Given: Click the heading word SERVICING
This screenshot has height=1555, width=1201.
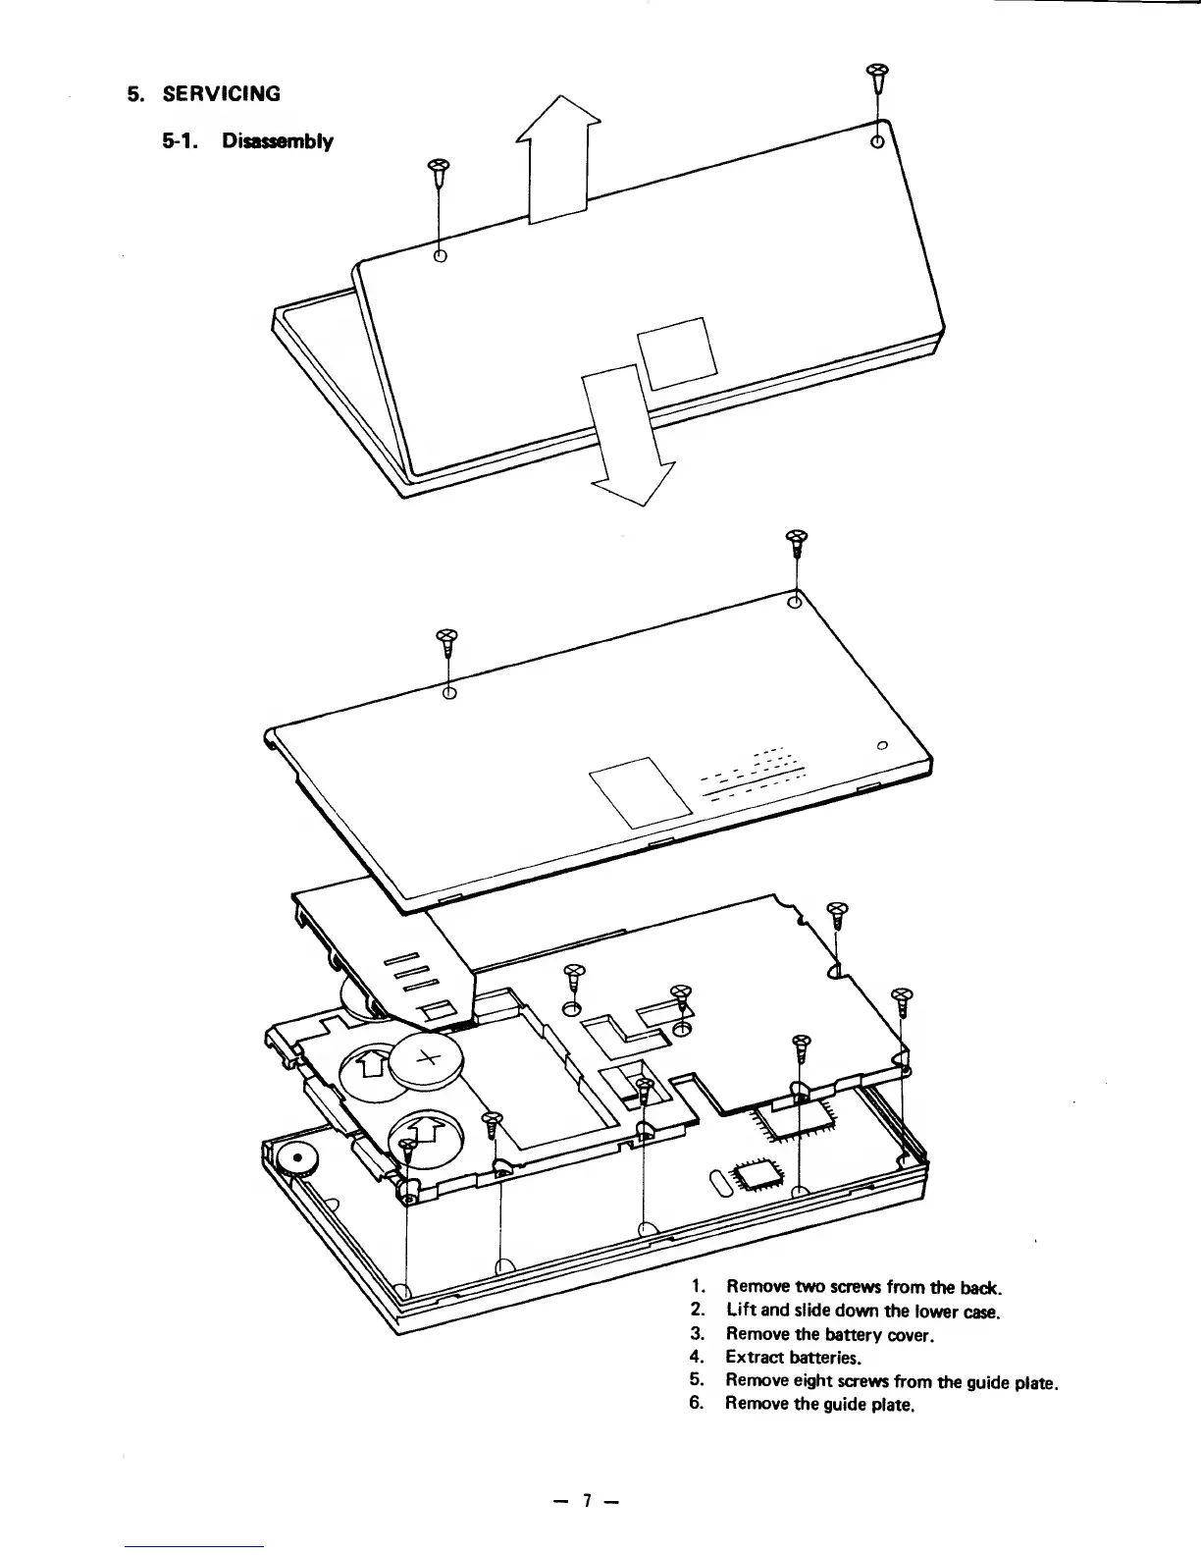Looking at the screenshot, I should pyautogui.click(x=221, y=94).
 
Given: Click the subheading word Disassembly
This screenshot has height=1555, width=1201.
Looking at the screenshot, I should pyautogui.click(x=278, y=141).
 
